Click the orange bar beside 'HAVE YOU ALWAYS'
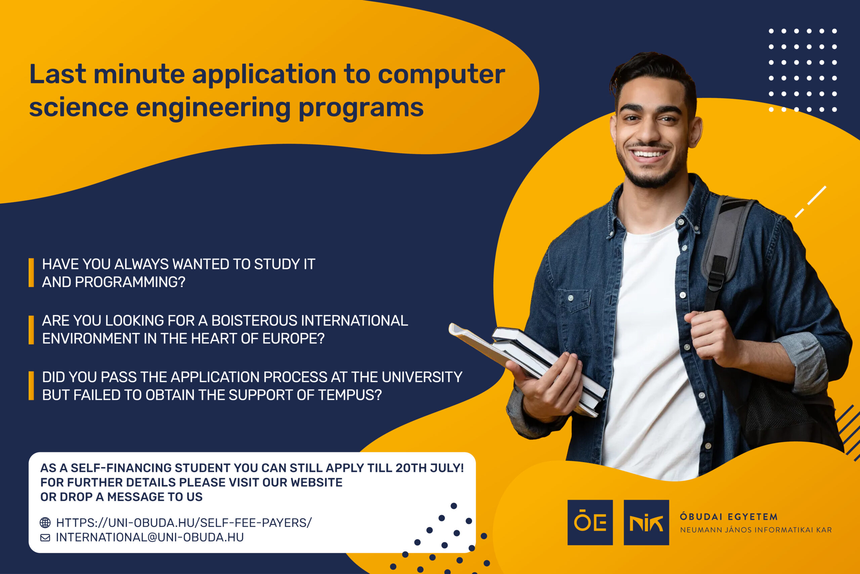[x=32, y=273]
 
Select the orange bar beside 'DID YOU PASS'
[x=32, y=386]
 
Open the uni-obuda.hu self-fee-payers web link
[x=184, y=523]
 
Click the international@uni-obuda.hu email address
[x=149, y=537]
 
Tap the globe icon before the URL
[x=45, y=523]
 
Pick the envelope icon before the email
[x=45, y=537]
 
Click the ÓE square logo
[x=590, y=523]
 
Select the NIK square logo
[x=646, y=523]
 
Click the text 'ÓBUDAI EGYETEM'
[x=728, y=517]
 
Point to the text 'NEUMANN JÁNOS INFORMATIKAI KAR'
[x=756, y=530]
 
